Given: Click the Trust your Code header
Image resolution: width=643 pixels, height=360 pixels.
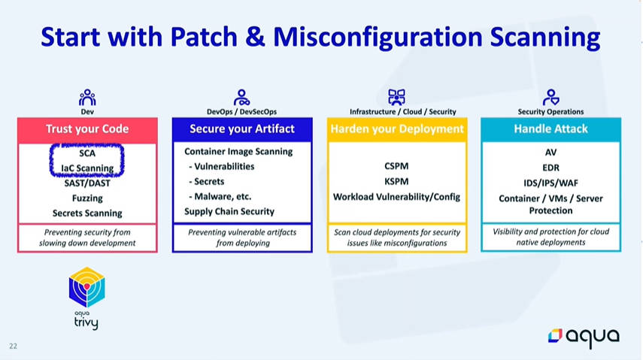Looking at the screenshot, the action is coord(87,129).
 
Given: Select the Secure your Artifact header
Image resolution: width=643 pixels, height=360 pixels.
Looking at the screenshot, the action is coord(242,129).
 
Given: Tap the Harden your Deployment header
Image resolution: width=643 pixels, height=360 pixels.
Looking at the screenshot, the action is coord(397,129).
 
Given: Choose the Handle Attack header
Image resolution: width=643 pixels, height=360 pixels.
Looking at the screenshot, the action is coord(550,129).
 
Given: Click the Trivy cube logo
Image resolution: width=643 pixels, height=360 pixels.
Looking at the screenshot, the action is coord(87,287).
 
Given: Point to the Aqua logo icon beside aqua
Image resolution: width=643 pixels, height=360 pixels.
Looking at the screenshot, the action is coord(555,335).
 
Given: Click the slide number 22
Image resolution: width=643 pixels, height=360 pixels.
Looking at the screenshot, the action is coord(13,346).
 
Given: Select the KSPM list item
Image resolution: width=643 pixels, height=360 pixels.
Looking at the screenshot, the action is coord(396,181).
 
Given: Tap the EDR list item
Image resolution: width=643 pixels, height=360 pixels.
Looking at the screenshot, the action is coord(550,168).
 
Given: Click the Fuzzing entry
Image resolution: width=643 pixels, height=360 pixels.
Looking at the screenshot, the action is coord(87,198).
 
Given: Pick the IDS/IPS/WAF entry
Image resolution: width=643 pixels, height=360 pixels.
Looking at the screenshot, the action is coord(550,183).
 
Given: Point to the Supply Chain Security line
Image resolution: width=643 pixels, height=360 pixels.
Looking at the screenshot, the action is coord(229,212).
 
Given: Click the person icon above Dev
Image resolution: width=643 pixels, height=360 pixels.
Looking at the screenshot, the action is coord(87,98).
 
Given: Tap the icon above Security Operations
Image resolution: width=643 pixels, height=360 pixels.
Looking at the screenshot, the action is coord(550,98).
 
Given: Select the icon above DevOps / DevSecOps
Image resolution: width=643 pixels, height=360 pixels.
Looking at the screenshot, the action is coord(241,98).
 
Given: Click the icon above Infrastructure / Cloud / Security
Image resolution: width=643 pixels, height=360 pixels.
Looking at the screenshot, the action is coord(396,97).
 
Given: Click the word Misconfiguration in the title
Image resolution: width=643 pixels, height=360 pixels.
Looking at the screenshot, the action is coord(378,38).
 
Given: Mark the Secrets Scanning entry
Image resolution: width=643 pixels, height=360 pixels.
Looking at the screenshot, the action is coord(87,213).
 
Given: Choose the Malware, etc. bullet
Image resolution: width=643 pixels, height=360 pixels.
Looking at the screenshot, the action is coord(220,196).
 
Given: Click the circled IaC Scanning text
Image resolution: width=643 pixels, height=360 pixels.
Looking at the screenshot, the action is coord(87,168).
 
